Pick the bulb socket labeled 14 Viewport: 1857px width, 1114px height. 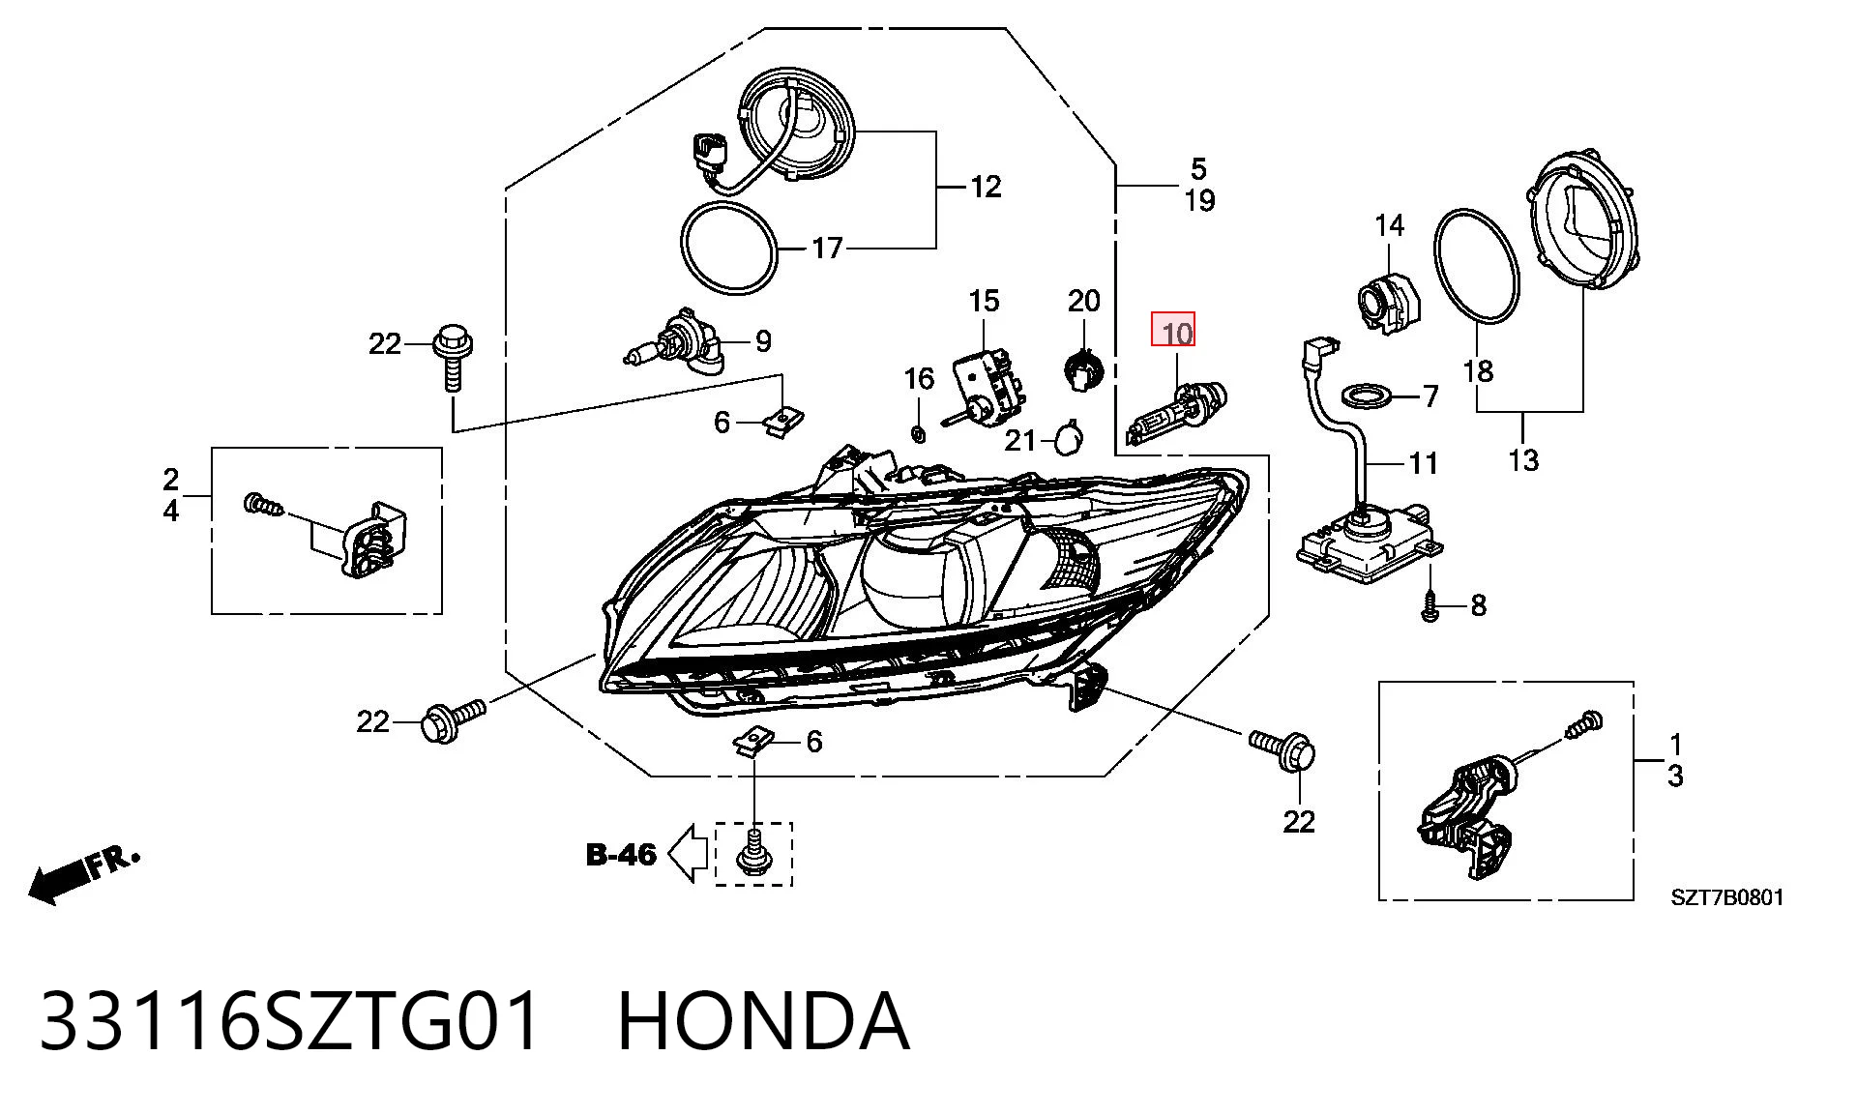point(1385,304)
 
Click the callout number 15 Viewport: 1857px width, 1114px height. point(984,302)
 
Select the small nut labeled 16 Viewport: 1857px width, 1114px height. point(919,431)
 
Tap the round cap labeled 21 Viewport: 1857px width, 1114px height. point(1069,439)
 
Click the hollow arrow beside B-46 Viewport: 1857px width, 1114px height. point(688,854)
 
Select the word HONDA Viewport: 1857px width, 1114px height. point(763,1021)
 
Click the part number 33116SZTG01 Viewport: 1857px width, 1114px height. point(289,1021)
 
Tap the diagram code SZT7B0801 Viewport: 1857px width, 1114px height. point(1727,897)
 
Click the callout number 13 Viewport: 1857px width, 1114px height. point(1522,459)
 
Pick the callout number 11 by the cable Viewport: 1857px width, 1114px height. point(1423,464)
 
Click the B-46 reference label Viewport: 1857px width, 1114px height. point(621,855)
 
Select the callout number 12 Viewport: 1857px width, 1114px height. point(986,187)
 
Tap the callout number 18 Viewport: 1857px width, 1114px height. point(1478,370)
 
